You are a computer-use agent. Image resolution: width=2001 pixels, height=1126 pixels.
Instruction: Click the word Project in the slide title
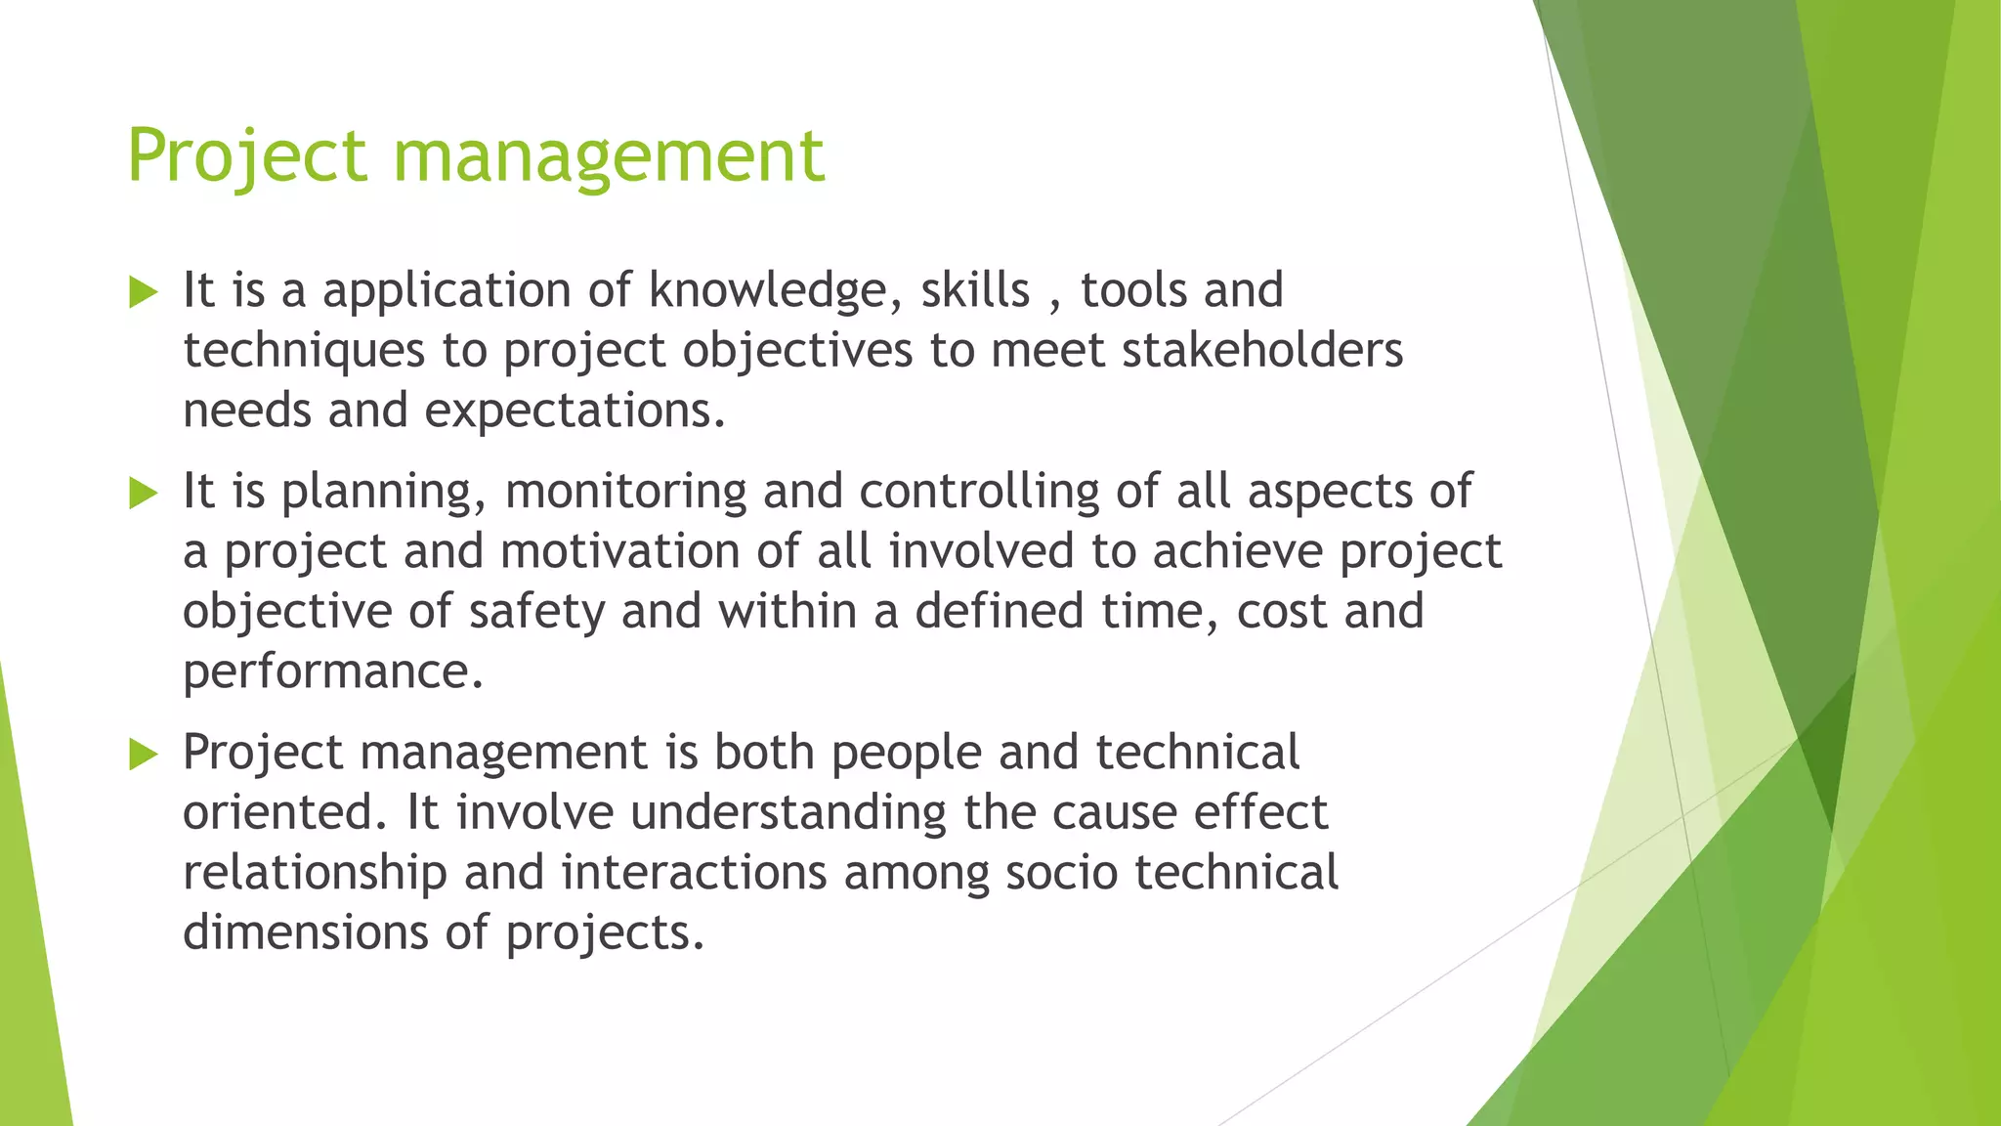point(247,156)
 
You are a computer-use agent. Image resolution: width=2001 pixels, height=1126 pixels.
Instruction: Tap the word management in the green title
point(609,156)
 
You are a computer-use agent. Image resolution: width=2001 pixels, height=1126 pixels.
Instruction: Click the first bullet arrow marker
point(143,292)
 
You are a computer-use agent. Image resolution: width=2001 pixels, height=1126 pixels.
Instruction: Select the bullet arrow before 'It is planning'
point(143,494)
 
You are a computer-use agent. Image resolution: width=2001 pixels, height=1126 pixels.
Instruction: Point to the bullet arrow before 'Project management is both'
point(143,755)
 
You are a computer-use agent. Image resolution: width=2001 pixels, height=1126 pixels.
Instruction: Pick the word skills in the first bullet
point(975,290)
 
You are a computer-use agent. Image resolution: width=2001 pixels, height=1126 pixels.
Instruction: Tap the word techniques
point(304,351)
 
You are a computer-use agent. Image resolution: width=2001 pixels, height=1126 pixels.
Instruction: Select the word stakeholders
point(1261,350)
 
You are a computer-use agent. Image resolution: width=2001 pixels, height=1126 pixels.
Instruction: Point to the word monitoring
point(625,492)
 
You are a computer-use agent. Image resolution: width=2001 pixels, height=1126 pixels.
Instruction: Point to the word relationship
point(315,873)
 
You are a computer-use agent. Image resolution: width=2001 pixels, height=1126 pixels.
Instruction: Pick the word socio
point(1061,873)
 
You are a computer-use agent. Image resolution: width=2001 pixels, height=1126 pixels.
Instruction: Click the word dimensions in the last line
point(305,932)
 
